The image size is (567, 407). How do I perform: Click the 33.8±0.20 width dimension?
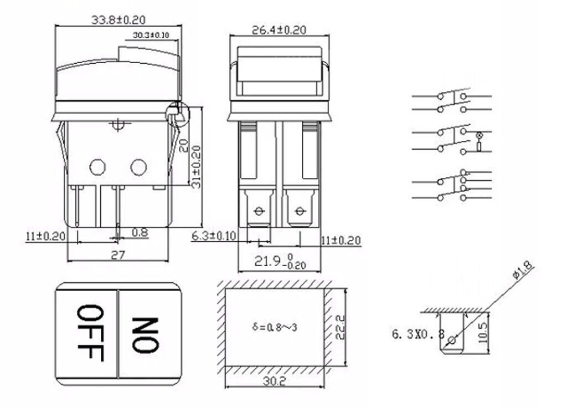click(x=118, y=19)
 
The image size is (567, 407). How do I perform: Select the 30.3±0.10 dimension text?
click(x=151, y=35)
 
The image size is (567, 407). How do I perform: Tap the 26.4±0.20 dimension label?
click(x=279, y=30)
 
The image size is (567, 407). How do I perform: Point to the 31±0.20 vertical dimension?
click(x=195, y=166)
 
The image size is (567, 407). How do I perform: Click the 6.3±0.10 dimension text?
click(x=213, y=236)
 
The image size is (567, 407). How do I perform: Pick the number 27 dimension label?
click(x=118, y=255)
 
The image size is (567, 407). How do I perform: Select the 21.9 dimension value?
click(x=267, y=261)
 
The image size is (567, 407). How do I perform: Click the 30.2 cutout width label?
click(x=275, y=381)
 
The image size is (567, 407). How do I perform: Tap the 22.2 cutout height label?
click(x=341, y=327)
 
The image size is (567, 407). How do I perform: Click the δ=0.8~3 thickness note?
click(x=275, y=327)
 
